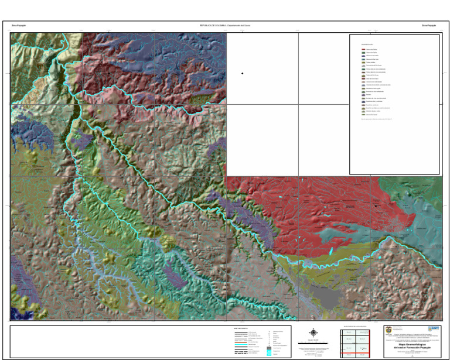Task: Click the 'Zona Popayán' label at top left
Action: (19, 26)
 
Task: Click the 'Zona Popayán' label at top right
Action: (430, 26)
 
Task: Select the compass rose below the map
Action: (313, 332)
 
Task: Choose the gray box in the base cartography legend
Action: (269, 349)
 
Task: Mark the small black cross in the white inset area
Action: (242, 73)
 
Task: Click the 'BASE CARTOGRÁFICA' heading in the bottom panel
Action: (241, 328)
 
